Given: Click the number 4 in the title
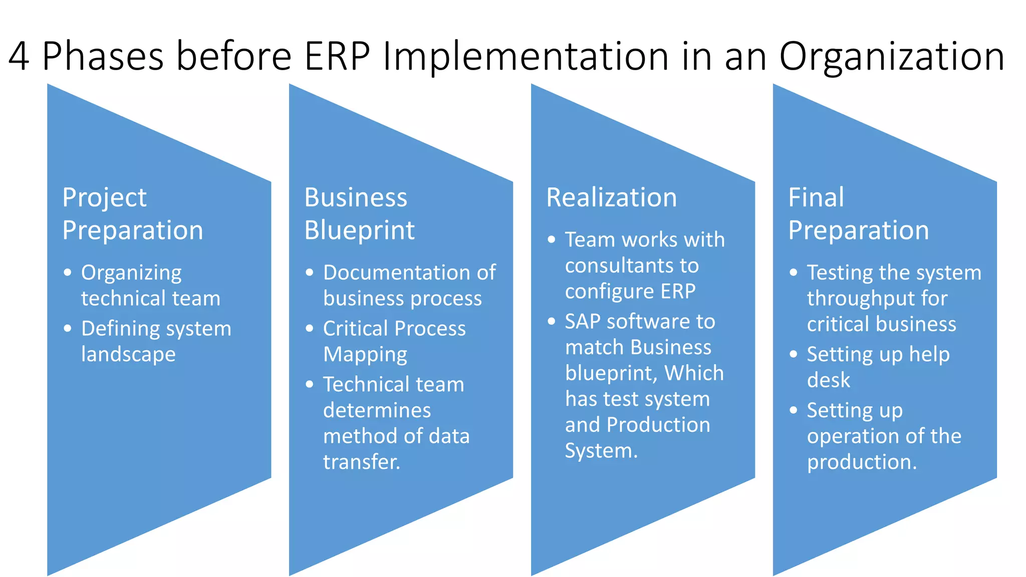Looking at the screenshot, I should tap(19, 56).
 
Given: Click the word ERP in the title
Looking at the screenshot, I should tap(337, 56).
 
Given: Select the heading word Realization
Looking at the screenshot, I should tap(611, 197).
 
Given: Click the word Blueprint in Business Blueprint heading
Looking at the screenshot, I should tap(359, 230).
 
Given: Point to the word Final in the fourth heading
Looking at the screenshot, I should tap(816, 197).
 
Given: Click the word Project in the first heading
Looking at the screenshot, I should tap(104, 198).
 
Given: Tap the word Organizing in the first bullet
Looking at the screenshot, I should tap(131, 273).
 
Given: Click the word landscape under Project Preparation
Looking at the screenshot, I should tap(128, 355).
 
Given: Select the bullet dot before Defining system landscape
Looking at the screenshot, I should tap(68, 329).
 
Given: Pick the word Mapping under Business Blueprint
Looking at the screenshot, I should tap(365, 355).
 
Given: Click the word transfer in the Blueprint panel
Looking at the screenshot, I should tap(361, 462).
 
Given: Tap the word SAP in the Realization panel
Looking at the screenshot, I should tap(582, 322).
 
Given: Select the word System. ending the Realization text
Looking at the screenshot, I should tap(601, 451).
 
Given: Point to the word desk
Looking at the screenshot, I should tap(828, 380).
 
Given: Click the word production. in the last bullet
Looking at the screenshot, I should tap(861, 462).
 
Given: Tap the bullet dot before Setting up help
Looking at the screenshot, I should tap(793, 354).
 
